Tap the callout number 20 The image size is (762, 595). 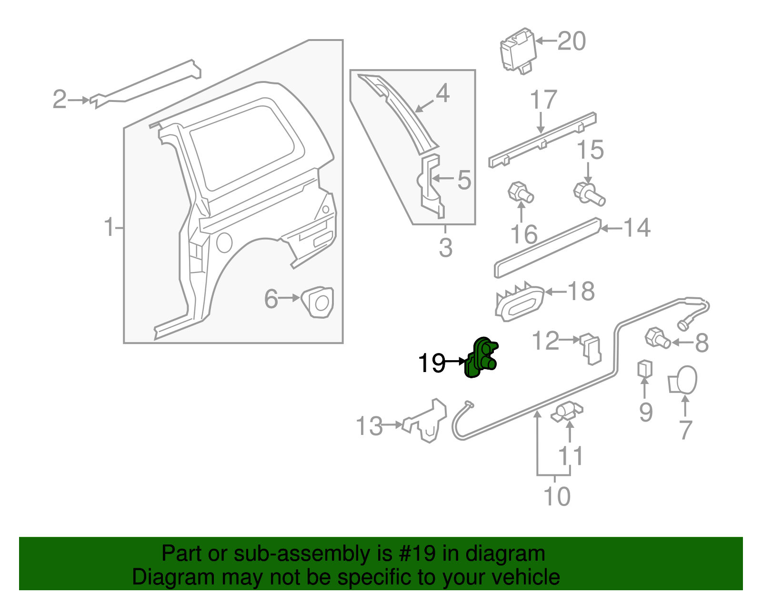click(571, 41)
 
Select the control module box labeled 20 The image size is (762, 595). click(517, 50)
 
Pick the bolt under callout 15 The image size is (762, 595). click(589, 193)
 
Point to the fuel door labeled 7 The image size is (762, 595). click(684, 380)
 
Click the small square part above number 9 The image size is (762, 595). click(645, 369)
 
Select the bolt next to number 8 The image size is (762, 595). click(657, 338)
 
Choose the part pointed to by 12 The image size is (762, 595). click(591, 349)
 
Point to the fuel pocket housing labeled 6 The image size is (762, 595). click(318, 301)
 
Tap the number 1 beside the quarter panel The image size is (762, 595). click(109, 227)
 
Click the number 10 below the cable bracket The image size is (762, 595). click(556, 496)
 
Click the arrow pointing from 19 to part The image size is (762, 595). click(455, 362)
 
